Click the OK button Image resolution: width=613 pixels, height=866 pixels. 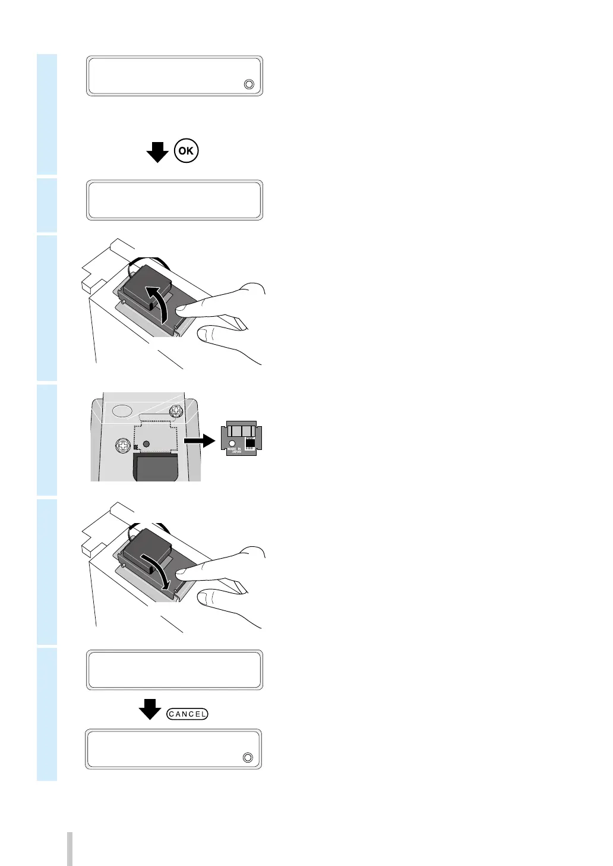187,151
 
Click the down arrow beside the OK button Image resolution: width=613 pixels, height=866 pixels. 157,152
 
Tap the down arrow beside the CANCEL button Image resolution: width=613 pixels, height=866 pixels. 150,709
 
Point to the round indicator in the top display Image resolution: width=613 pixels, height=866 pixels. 249,84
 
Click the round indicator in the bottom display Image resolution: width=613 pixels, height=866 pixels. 248,758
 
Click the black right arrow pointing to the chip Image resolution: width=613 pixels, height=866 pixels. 199,440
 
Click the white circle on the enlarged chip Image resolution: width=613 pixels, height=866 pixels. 232,443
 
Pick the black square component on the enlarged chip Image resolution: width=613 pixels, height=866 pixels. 249,443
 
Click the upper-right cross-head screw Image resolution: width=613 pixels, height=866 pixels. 176,410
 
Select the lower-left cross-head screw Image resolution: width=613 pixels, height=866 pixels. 123,445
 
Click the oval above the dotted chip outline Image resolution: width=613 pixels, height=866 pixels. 122,411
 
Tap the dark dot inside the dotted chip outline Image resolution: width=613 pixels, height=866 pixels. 146,444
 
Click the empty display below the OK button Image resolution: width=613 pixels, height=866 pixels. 175,200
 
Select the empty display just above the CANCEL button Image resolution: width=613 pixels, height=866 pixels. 175,670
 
